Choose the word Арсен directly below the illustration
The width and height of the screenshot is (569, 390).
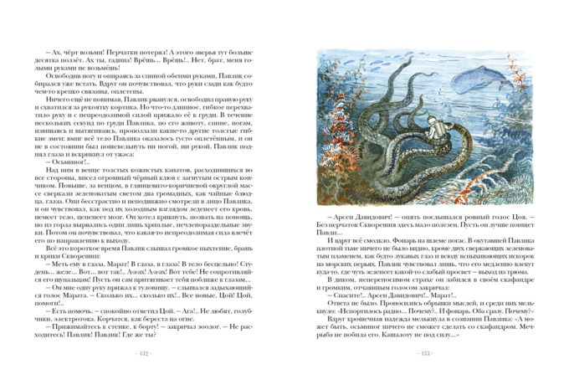[x=340, y=224]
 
